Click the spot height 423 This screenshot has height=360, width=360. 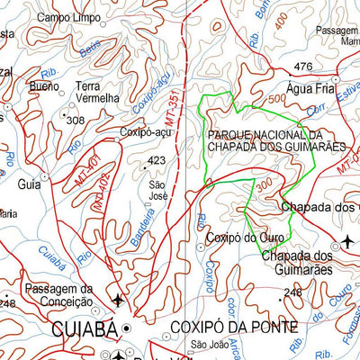point(157,162)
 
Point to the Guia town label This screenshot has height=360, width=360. point(28,184)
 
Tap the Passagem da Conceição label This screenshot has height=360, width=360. point(59,294)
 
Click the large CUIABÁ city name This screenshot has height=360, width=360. point(85,330)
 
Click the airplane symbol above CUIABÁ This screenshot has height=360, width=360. point(117,299)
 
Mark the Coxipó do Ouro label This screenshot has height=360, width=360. point(244,238)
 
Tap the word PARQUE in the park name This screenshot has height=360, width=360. point(230,135)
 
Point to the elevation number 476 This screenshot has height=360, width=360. point(303,67)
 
